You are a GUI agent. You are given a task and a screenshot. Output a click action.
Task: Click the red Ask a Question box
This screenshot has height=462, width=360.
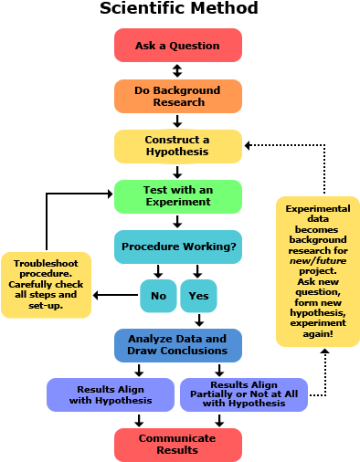tap(178, 46)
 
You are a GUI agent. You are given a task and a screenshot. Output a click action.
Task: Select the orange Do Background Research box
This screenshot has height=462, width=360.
tap(178, 96)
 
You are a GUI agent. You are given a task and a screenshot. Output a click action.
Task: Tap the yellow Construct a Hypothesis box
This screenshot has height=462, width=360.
tap(178, 146)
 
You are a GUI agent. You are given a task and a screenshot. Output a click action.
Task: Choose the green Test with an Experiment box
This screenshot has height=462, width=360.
tap(178, 196)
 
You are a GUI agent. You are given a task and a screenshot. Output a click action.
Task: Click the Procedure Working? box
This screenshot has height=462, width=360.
tap(178, 247)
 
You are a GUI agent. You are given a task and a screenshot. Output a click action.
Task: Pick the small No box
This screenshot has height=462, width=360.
tap(158, 296)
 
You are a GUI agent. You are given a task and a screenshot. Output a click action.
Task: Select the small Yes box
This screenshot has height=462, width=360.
tap(198, 296)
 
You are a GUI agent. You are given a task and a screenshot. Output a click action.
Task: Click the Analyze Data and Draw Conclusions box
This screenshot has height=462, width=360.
tap(178, 345)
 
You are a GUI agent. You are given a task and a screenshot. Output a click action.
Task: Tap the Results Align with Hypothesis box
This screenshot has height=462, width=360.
tap(111, 394)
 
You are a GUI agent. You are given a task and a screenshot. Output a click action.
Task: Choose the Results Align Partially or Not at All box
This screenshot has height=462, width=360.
tap(244, 394)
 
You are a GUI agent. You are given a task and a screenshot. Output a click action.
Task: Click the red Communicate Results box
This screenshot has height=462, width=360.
tap(178, 445)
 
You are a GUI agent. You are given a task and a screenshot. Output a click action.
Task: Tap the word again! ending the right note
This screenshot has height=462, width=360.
tap(317, 334)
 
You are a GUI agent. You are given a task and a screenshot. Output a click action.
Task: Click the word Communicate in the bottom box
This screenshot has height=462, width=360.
tap(178, 438)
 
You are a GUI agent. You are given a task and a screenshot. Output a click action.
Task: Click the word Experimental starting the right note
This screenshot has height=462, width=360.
tap(317, 209)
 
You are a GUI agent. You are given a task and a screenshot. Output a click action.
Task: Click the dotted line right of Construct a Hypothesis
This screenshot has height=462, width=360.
tap(288, 145)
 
